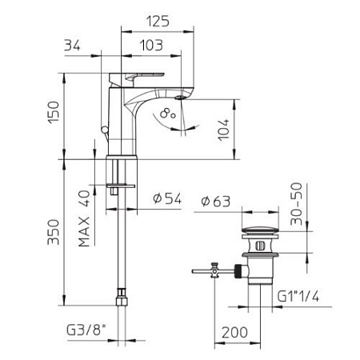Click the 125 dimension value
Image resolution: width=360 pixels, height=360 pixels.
click(x=158, y=22)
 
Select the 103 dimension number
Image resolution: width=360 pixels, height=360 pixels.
click(x=151, y=46)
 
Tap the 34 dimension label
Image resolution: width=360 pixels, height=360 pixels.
click(x=72, y=46)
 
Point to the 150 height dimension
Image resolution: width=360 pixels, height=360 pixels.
click(x=54, y=112)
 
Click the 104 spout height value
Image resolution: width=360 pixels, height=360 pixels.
click(x=223, y=130)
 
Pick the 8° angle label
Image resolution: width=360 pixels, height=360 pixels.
click(x=168, y=114)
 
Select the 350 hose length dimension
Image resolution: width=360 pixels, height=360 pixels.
click(x=54, y=232)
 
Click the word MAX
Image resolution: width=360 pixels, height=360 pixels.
click(x=84, y=231)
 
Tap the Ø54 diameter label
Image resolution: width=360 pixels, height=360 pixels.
click(x=167, y=198)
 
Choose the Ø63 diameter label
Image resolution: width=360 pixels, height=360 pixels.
click(x=215, y=201)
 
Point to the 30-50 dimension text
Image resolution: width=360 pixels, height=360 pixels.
click(x=297, y=204)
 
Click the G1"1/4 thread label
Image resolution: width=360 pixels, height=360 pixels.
click(x=298, y=296)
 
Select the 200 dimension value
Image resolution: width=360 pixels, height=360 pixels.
click(x=234, y=333)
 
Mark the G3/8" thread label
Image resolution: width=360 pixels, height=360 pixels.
click(x=86, y=330)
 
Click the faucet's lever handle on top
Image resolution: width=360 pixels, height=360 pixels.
click(x=137, y=78)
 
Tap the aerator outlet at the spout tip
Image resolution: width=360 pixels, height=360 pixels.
click(x=180, y=98)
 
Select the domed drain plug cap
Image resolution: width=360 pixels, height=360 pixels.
click(x=260, y=230)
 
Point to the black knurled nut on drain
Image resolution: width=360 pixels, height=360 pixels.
click(x=239, y=270)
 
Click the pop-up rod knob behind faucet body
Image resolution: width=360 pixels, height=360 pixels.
click(x=104, y=130)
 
